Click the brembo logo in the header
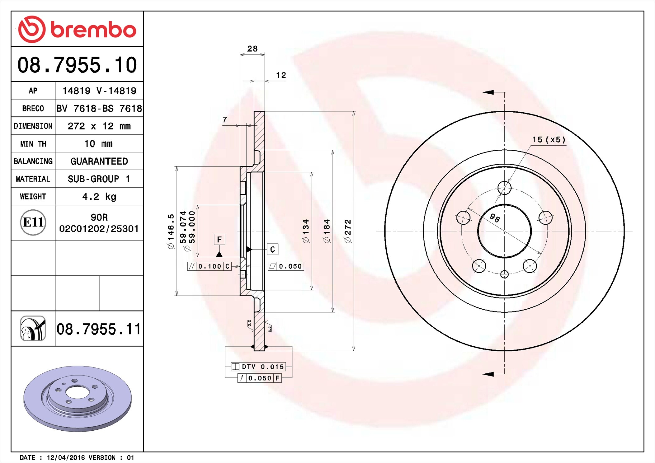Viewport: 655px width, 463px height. tap(77, 29)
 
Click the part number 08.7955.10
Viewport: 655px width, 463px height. tap(77, 65)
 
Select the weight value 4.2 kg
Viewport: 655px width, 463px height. tap(99, 196)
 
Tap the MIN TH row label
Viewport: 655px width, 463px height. tap(33, 144)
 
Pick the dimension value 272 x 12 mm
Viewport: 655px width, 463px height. tap(99, 126)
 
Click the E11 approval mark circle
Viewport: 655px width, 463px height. tap(33, 222)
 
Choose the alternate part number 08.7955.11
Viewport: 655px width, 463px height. tap(99, 329)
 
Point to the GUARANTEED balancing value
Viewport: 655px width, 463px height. tap(99, 161)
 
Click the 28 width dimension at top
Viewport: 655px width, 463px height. tap(252, 49)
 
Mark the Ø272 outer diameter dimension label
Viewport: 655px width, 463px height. tap(348, 231)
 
